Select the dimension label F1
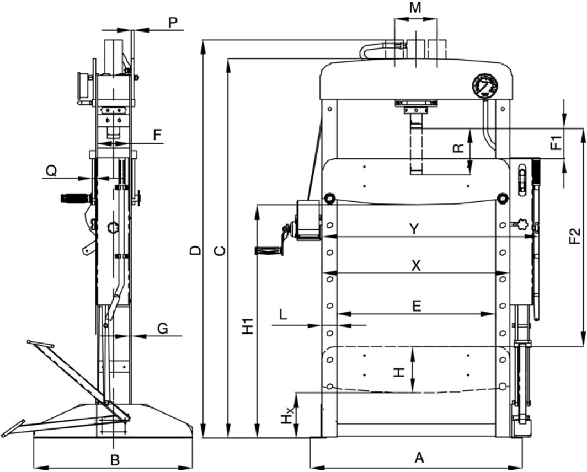[557, 142]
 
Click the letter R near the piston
[457, 148]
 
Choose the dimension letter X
[416, 265]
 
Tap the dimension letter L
[283, 315]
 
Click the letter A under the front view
[419, 458]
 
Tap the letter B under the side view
[114, 459]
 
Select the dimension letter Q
[51, 171]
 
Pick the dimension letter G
[163, 329]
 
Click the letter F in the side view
[157, 134]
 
